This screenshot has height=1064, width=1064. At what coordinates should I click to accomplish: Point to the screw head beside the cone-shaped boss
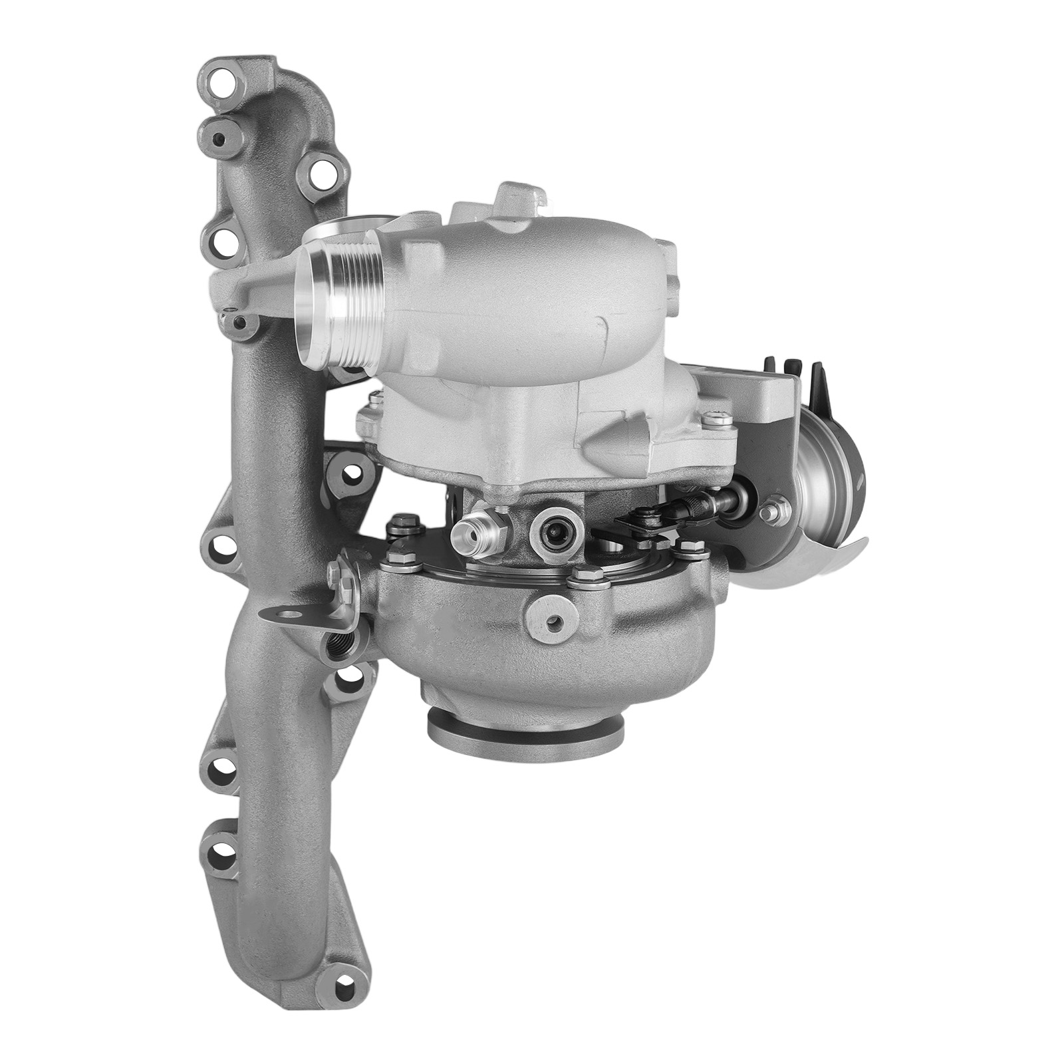pos(716,419)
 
